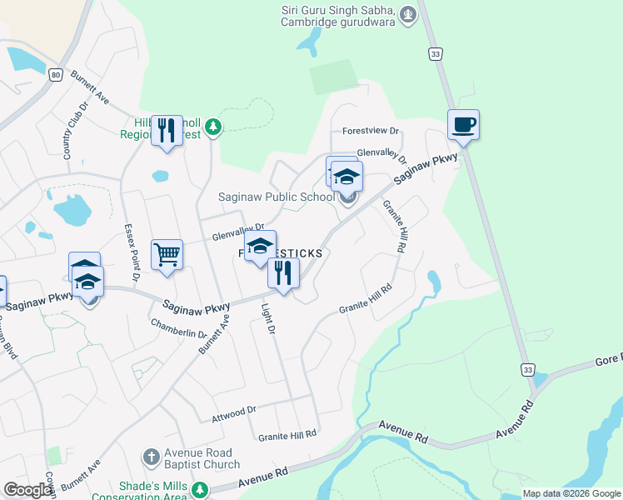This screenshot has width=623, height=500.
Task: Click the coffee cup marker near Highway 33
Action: coord(463,126)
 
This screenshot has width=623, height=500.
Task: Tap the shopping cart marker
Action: coord(167,253)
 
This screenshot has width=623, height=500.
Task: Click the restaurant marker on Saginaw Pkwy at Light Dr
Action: coord(283,273)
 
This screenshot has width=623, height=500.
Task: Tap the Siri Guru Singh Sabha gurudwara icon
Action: coord(407,14)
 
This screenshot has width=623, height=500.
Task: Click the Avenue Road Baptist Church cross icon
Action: coord(150,457)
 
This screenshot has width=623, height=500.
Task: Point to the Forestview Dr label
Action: coord(371,132)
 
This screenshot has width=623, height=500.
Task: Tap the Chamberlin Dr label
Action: coord(178,327)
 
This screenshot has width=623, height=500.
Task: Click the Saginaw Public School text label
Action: coord(275,197)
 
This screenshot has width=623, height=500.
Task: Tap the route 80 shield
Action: coord(55,74)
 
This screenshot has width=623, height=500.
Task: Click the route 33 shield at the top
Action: coord(436,53)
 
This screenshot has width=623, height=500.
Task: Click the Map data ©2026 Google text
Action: coord(571,493)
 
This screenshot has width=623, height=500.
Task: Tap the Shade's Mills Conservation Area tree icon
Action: coord(199,488)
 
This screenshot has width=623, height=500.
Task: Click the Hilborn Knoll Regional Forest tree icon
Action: coord(214,126)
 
